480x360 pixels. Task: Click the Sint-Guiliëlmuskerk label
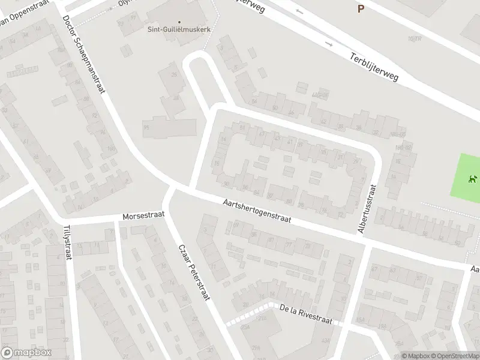point(179,28)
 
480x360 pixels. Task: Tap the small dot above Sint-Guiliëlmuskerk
point(178,6)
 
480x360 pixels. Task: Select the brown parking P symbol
point(361,8)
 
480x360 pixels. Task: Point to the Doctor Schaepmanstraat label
point(84,54)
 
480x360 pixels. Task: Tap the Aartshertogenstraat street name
point(256,211)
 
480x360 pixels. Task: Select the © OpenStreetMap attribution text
point(455,356)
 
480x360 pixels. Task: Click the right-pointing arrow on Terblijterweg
point(328,44)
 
